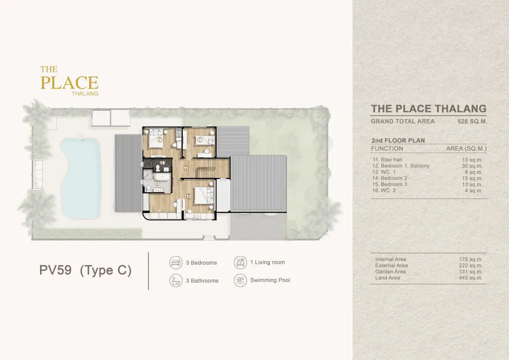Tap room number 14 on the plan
(x=160, y=140)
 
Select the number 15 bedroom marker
(x=200, y=140)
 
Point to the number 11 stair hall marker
(x=186, y=168)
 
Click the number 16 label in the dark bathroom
(x=162, y=163)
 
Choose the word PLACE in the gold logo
(x=69, y=83)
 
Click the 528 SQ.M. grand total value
(x=473, y=122)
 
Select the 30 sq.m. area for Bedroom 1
(x=472, y=166)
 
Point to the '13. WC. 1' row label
(x=384, y=172)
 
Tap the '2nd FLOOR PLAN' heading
(x=398, y=141)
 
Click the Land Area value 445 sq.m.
(x=471, y=277)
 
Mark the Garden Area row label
(x=390, y=271)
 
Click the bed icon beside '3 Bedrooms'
(x=176, y=263)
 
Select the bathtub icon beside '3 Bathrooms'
(x=176, y=280)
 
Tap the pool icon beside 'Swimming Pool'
(x=240, y=280)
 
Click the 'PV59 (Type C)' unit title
(x=85, y=270)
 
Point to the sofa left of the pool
(x=37, y=174)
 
